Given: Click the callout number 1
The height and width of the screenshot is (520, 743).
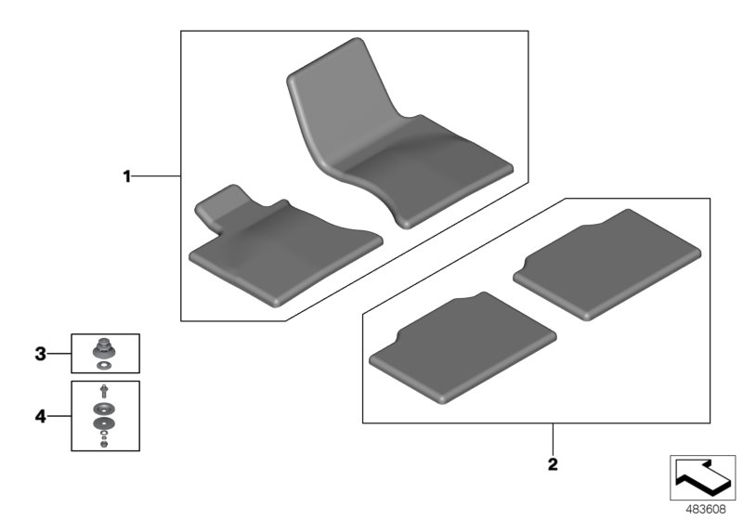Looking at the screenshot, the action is click(x=126, y=176).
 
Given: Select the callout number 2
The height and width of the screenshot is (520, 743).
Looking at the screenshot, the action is click(x=553, y=464).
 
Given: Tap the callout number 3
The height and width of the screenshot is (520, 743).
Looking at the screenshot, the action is click(x=41, y=354).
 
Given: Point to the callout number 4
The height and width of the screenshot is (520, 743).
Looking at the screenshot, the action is click(x=41, y=417).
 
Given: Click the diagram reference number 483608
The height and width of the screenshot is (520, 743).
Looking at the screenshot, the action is click(x=706, y=510).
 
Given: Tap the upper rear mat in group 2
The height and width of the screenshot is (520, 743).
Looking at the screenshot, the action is click(x=607, y=265).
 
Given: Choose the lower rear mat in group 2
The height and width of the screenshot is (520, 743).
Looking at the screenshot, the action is click(x=463, y=347).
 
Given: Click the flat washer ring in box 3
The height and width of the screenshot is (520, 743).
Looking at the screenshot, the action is click(x=104, y=366).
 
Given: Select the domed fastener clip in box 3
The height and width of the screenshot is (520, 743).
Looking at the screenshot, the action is click(x=104, y=348).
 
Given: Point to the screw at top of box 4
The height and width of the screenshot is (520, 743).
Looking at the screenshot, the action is click(x=104, y=391).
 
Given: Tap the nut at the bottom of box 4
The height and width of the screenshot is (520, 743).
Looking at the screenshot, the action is click(x=104, y=444).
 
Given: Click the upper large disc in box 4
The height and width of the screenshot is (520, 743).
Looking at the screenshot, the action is click(x=104, y=409).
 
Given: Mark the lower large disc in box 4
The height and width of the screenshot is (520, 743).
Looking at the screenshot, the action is click(x=104, y=422).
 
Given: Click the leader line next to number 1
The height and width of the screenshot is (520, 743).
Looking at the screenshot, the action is click(x=156, y=176).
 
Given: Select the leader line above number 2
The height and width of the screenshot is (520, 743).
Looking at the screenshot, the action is click(x=553, y=439).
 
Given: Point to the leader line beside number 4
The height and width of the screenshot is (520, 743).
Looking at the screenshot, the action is click(x=59, y=416).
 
